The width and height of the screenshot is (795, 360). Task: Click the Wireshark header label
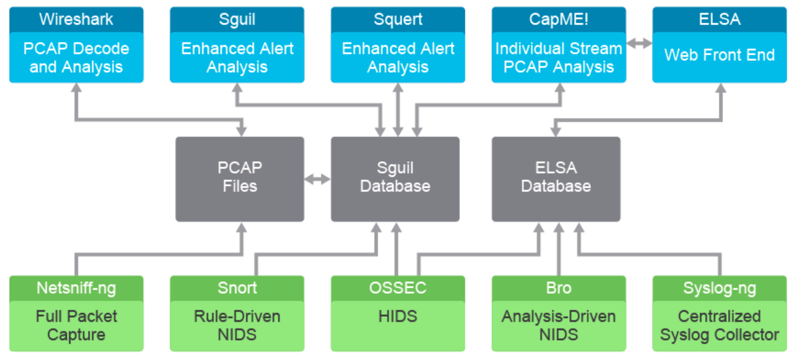coord(76,19)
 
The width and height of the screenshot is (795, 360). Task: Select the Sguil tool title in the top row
coord(237,20)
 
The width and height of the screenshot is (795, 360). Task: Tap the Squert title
coord(398,20)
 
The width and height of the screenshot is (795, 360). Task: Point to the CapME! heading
coord(559,19)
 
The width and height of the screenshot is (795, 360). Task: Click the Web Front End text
coord(719,55)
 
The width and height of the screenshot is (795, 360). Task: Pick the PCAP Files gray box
coord(240,179)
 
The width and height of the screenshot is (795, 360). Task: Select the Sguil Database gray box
coord(395,179)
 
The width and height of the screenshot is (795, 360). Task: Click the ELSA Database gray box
coord(556,179)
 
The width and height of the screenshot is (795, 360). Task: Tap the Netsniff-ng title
coord(76,288)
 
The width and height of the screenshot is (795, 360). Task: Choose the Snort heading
coord(237,288)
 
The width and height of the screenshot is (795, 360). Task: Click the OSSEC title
coord(398,288)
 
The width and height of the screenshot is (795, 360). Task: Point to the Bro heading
coord(559,288)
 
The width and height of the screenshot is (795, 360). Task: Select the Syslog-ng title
coord(719,288)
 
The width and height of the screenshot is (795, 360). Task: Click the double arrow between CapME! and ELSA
coord(639,43)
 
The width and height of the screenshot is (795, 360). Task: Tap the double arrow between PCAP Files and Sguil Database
coord(318,179)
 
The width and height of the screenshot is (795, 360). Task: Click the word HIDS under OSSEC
coord(398,317)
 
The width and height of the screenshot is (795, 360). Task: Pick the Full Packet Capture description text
coord(76,325)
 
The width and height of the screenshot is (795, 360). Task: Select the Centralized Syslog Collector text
coord(719,325)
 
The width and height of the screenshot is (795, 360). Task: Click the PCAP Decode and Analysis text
coord(76,58)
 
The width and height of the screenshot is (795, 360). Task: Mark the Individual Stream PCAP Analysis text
coord(559,58)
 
